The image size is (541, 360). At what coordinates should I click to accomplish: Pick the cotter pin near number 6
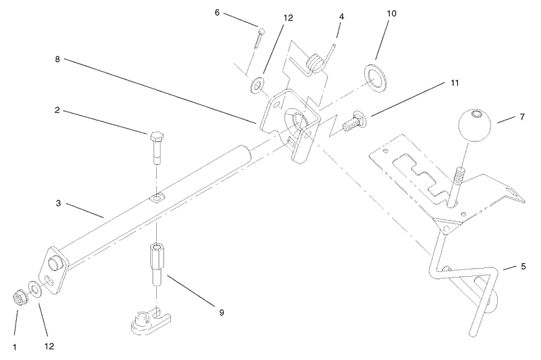click(x=259, y=39)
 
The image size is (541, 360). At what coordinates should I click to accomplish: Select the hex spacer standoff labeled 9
click(x=157, y=264)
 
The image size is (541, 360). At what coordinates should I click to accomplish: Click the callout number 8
click(x=57, y=59)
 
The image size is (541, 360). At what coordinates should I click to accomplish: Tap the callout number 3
click(x=58, y=203)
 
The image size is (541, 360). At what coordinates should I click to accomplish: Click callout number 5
click(x=523, y=267)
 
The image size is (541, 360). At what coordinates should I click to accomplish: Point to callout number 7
click(x=522, y=117)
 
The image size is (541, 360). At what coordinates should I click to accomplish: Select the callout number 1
click(x=14, y=347)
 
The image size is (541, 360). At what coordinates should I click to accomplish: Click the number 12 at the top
click(x=288, y=18)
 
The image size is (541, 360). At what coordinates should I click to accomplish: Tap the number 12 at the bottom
click(x=49, y=346)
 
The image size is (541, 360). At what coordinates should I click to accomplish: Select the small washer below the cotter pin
click(x=257, y=85)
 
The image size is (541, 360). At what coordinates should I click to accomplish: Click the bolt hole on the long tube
click(x=157, y=198)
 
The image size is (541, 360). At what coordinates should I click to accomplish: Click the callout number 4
click(x=342, y=16)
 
